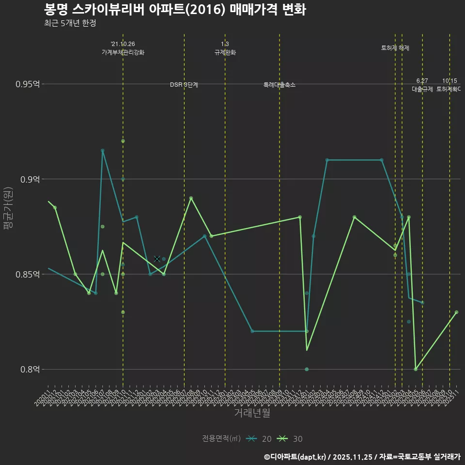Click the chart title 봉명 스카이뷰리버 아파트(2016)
tap(174, 10)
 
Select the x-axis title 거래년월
tap(252, 413)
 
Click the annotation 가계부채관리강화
tap(123, 52)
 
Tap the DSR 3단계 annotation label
tap(184, 85)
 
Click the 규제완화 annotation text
tap(225, 52)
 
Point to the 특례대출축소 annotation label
tap(279, 85)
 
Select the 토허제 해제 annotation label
tap(395, 48)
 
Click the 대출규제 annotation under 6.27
tap(422, 89)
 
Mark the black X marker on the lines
tap(157, 259)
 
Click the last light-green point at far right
tap(456, 312)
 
